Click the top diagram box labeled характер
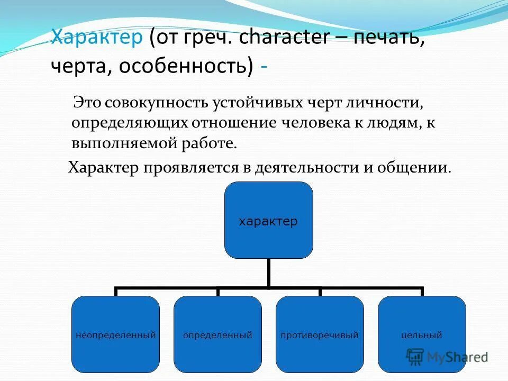click(268, 220)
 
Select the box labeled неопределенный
click(115, 334)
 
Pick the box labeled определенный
click(217, 334)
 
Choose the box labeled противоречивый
click(320, 334)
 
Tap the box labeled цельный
click(422, 334)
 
